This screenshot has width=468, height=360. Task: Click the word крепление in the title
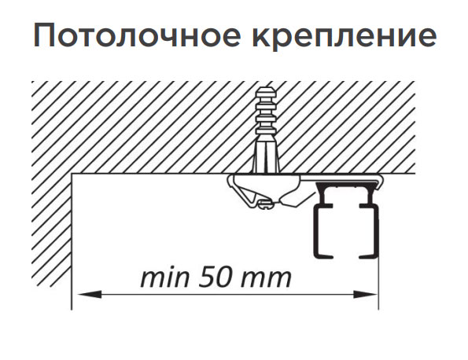(345, 36)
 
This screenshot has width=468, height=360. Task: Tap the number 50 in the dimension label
(216, 278)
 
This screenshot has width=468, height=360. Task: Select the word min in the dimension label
(164, 278)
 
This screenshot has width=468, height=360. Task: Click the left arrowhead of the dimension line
(90, 295)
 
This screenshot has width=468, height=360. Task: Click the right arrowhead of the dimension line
(366, 295)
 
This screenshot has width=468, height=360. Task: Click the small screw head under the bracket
(264, 204)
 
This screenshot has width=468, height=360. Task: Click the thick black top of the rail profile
(345, 186)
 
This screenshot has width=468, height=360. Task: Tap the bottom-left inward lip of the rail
(323, 255)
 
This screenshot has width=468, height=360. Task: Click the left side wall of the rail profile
(315, 231)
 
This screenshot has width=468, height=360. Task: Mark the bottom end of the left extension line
(72, 310)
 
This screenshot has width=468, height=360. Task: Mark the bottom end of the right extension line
(378, 310)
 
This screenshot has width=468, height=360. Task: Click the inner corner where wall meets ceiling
(72, 174)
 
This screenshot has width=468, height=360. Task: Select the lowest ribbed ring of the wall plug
(265, 132)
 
